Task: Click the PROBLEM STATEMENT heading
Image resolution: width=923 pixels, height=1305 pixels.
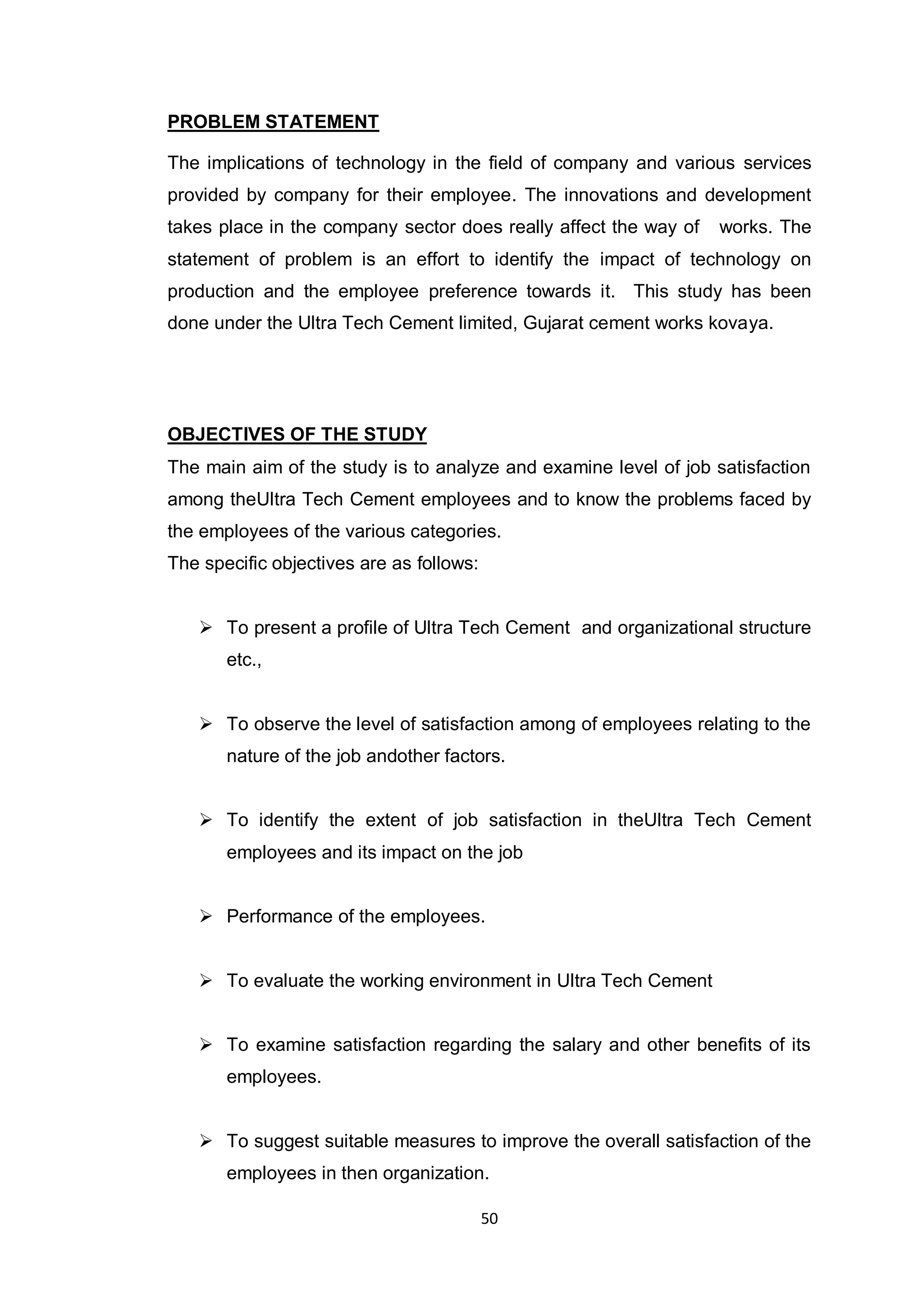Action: pyautogui.click(x=273, y=122)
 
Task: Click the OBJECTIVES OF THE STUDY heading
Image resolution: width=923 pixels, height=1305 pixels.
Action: pyautogui.click(x=297, y=434)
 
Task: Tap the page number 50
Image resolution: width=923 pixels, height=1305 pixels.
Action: pyautogui.click(x=489, y=1218)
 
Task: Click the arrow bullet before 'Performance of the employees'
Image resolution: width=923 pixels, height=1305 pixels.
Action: pyautogui.click(x=206, y=916)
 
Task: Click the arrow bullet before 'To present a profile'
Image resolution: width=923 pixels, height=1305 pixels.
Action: pyautogui.click(x=206, y=628)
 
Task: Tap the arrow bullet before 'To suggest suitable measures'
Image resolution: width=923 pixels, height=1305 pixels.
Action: pyautogui.click(x=206, y=1141)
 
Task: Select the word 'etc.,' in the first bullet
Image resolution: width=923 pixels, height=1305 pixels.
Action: pyautogui.click(x=244, y=660)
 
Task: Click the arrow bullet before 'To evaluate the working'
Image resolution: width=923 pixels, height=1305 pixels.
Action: pyautogui.click(x=206, y=981)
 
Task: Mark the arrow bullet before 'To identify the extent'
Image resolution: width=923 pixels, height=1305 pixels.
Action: pyautogui.click(x=206, y=820)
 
